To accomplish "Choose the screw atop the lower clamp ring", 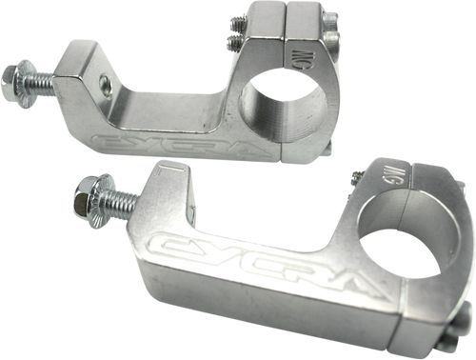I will (x=354, y=175).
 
